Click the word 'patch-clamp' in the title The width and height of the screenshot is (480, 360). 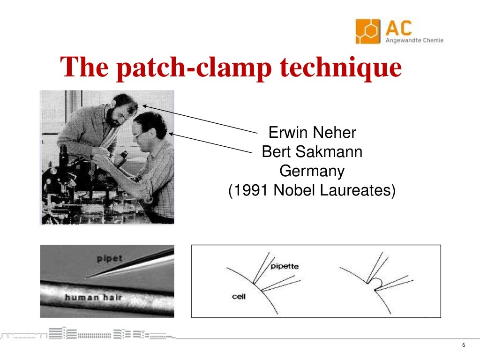coord(197,67)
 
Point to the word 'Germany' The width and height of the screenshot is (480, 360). coord(312,171)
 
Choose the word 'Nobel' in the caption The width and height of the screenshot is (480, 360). coord(294,191)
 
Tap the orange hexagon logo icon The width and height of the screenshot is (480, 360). coord(368,31)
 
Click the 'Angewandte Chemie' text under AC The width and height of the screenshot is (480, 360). coord(414,40)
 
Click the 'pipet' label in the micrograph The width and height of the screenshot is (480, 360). coord(110,258)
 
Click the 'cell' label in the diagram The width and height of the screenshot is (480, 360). coord(239,296)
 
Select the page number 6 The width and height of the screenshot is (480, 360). coord(464,345)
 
